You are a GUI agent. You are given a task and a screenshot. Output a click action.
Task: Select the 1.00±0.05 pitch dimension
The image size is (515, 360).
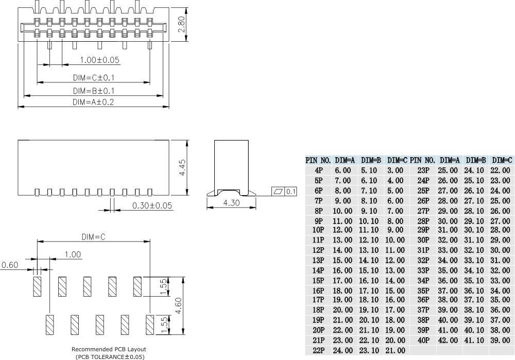click(99, 60)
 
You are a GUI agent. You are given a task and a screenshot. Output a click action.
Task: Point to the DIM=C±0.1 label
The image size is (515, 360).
click(93, 78)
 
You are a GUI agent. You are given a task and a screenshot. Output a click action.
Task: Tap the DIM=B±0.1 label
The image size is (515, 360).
click(93, 91)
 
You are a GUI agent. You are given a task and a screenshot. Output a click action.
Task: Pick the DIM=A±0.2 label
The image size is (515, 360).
click(93, 102)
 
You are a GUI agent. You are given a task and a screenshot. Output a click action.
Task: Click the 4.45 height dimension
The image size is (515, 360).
click(181, 168)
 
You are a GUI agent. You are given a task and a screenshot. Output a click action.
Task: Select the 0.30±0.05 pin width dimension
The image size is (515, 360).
click(152, 206)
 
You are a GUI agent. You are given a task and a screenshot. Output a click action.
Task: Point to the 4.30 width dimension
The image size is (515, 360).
click(232, 203)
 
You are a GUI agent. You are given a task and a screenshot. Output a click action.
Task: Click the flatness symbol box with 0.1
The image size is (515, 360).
click(285, 192)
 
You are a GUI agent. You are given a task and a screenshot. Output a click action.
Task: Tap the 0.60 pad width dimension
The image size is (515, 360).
click(10, 265)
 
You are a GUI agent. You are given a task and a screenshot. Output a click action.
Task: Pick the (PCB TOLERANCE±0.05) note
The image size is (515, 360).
click(110, 356)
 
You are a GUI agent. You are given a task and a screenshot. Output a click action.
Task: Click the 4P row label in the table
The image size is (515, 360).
click(318, 170)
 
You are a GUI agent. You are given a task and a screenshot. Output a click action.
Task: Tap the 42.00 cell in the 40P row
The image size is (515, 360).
click(448, 340)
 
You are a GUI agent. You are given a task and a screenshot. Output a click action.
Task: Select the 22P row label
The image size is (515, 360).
click(318, 351)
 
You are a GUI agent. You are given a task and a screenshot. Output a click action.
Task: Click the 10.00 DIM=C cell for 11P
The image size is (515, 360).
click(395, 240)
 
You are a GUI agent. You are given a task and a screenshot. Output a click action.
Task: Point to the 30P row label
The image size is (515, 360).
click(423, 240)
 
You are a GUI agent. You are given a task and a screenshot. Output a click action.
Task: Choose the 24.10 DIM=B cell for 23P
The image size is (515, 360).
click(474, 170)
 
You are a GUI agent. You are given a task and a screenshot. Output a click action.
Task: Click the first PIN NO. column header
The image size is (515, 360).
click(318, 160)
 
